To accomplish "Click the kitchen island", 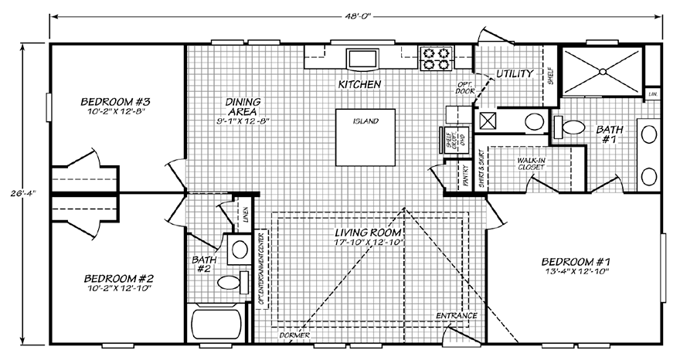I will (x=364, y=138).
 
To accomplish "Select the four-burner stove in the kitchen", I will (x=433, y=59).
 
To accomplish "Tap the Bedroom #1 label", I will (x=571, y=260).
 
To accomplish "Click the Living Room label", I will (x=367, y=233).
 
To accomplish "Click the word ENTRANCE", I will (x=456, y=316).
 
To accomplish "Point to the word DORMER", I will (x=295, y=336).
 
